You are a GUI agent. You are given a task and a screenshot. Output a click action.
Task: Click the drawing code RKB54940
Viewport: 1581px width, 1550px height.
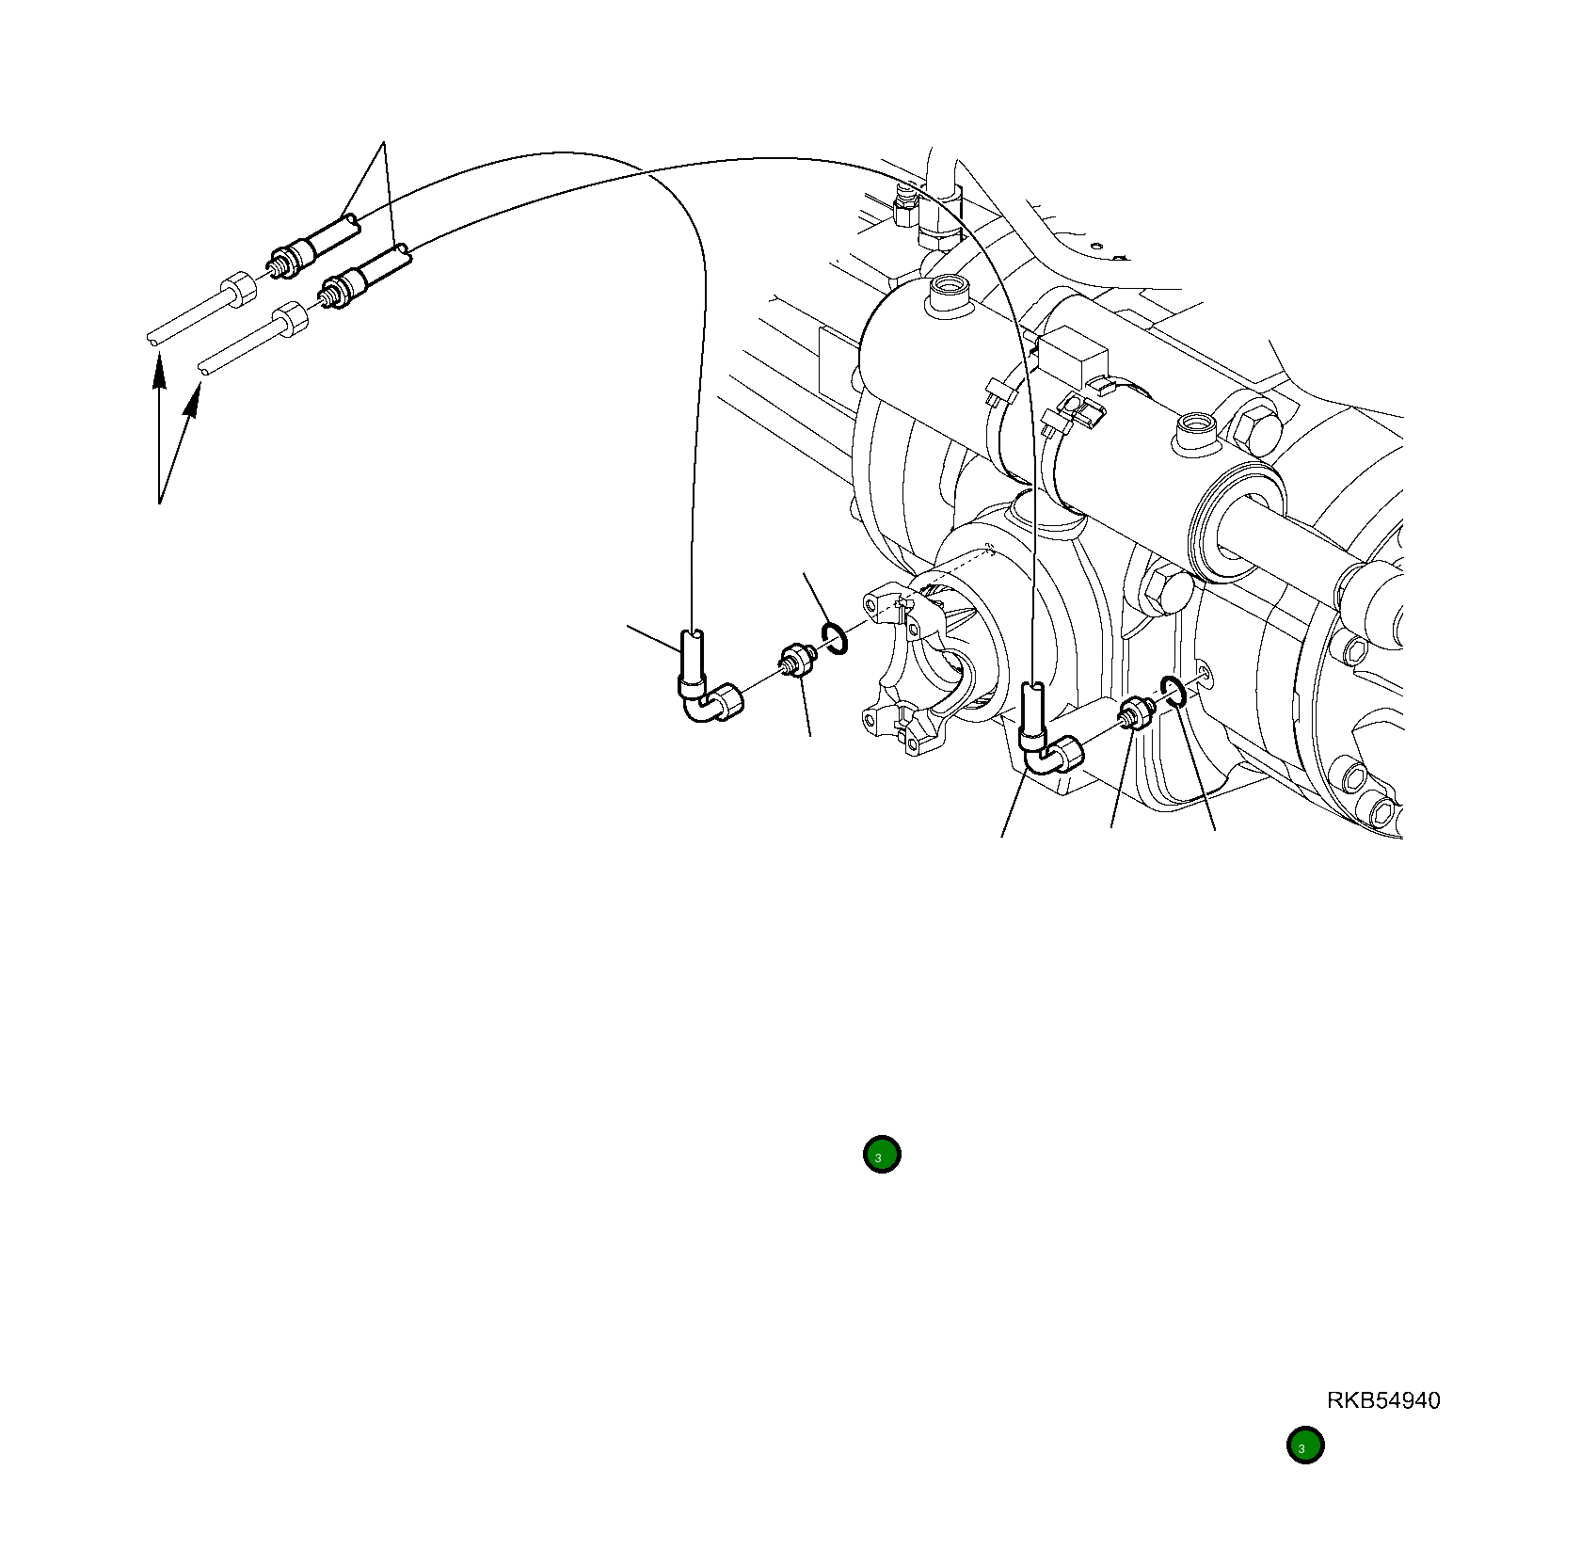(1382, 1400)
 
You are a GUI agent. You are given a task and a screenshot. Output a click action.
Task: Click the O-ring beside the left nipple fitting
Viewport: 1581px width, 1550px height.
(835, 639)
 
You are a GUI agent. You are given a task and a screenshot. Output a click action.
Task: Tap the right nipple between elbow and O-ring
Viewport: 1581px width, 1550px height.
(1137, 715)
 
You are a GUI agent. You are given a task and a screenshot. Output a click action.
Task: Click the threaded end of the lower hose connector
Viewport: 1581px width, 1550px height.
(329, 296)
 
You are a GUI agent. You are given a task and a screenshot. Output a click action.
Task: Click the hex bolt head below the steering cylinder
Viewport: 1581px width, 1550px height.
(1164, 589)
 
